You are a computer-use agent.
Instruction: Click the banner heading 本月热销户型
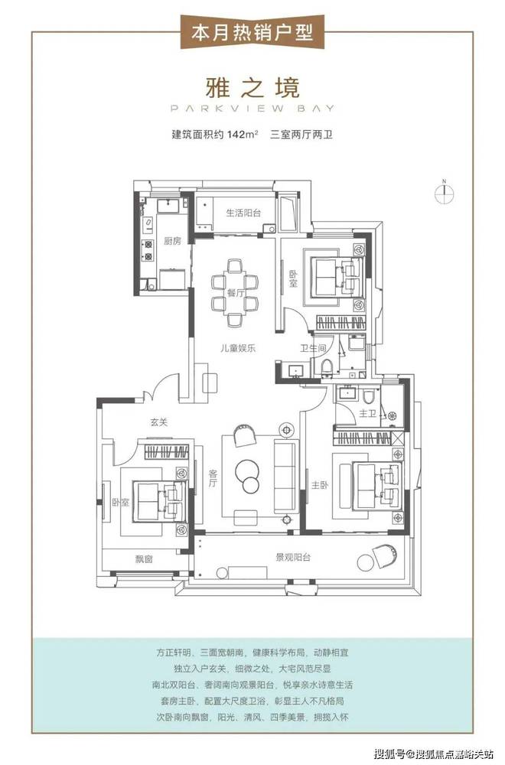click(252, 32)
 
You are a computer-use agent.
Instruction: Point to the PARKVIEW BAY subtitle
click(252, 109)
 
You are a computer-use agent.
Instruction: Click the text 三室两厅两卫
click(301, 135)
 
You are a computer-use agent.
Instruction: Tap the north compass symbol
click(445, 193)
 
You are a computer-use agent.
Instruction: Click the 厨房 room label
click(172, 240)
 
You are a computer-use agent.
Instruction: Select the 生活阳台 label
click(243, 213)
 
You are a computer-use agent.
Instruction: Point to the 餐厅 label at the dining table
click(235, 293)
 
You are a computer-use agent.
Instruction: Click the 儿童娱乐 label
click(238, 348)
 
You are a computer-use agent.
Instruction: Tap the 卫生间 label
click(313, 348)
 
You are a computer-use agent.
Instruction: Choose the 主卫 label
click(367, 414)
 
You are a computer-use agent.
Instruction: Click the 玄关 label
click(160, 422)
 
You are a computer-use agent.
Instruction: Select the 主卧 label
click(320, 485)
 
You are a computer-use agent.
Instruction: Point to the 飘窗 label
click(144, 558)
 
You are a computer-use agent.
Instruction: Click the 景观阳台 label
click(293, 557)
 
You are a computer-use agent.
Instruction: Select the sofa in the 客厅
click(286, 475)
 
